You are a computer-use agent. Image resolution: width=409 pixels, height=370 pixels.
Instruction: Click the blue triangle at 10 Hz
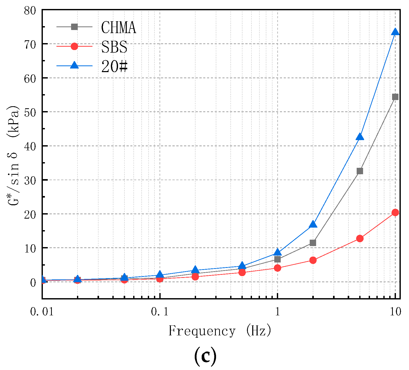[x=395, y=32]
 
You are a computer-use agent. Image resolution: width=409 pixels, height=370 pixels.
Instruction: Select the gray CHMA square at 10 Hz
[x=395, y=97]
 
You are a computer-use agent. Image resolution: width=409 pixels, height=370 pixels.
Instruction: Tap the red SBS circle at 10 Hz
[x=395, y=212]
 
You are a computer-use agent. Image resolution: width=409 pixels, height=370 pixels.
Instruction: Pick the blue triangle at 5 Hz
[x=360, y=137]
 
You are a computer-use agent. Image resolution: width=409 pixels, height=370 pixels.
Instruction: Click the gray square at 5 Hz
[x=360, y=171]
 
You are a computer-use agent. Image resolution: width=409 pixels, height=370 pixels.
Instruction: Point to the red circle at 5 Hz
[x=360, y=238]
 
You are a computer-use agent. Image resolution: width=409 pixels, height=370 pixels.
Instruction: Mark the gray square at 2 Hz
[x=313, y=243]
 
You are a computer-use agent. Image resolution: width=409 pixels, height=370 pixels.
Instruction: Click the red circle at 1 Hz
[x=277, y=268]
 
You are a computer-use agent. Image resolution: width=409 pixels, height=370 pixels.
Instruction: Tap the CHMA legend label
[x=118, y=27]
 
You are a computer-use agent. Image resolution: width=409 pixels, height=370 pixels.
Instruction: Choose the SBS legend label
[x=114, y=47]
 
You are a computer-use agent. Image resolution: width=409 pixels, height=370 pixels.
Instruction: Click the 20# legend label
[x=114, y=67]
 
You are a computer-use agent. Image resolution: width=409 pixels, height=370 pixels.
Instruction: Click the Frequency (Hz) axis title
[x=220, y=331]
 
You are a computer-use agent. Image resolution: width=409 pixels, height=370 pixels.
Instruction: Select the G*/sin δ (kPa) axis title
[x=13, y=155]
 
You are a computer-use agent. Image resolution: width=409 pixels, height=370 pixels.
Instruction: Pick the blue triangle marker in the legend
[x=74, y=65]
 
